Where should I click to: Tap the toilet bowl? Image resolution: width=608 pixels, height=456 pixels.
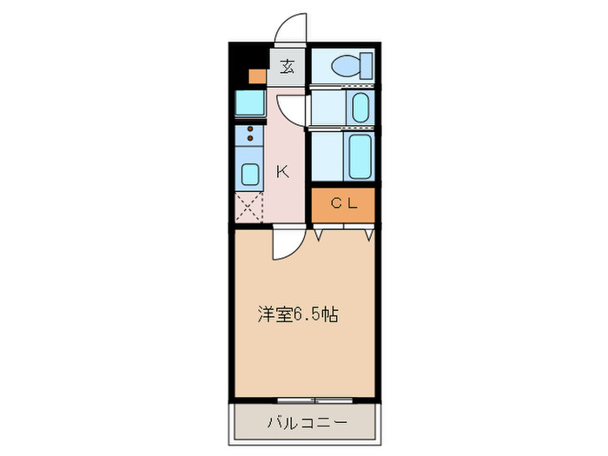346,64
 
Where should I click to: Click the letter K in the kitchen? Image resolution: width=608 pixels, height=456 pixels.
282,172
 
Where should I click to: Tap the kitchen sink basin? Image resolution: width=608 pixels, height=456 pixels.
249,174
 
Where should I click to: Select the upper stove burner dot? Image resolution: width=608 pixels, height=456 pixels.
250,129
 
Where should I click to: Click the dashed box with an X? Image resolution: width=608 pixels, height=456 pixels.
248,209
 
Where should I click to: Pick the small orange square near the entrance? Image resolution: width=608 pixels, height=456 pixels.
256,76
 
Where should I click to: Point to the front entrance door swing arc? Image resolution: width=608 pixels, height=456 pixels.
290,28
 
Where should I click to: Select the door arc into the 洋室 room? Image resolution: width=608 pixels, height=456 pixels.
285,247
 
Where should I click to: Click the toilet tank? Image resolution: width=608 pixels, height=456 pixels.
367,64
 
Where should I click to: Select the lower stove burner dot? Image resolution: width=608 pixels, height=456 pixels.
250,139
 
